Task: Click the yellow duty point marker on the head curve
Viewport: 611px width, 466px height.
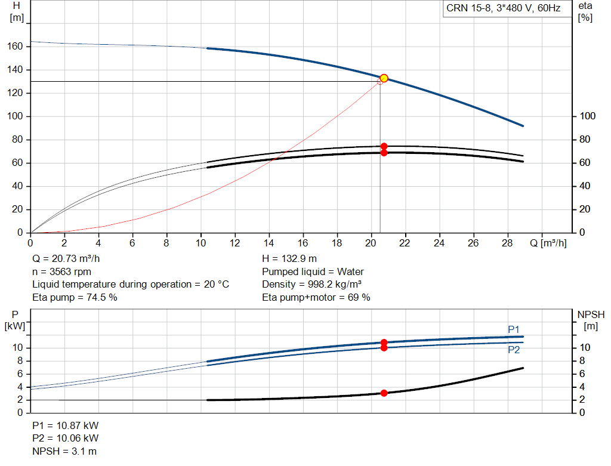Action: (x=384, y=78)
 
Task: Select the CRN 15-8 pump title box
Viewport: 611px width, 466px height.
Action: (x=503, y=8)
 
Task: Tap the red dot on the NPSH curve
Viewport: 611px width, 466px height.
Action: (x=384, y=393)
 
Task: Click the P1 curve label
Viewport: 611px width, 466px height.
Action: (x=514, y=329)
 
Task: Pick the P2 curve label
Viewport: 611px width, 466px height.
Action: (x=514, y=350)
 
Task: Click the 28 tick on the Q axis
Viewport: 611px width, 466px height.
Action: (x=508, y=243)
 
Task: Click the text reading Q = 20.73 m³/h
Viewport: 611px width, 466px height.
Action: (x=66, y=259)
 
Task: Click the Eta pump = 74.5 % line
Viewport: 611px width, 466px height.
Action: (x=75, y=297)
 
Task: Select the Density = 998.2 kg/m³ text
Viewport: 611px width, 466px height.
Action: (x=312, y=284)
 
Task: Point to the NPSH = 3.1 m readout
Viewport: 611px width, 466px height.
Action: (x=64, y=451)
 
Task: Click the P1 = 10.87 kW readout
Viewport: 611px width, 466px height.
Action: (x=66, y=426)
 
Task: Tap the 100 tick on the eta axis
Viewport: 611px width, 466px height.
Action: (x=587, y=116)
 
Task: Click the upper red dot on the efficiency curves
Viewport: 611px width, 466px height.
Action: (x=384, y=146)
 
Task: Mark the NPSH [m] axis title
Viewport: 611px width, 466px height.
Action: (x=590, y=320)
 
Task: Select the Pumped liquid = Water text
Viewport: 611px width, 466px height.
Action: (x=313, y=271)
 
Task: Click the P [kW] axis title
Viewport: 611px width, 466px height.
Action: (x=15, y=320)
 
